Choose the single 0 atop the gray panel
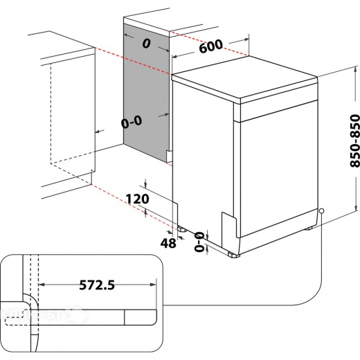145,43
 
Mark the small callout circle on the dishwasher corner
322,211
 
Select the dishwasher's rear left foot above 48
181,226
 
